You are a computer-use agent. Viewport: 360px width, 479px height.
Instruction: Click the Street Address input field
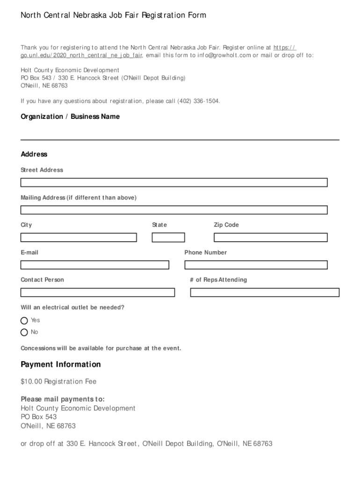(x=174, y=182)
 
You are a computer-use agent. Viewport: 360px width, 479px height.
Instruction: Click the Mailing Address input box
(x=174, y=210)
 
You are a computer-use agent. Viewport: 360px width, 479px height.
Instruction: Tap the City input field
(x=79, y=238)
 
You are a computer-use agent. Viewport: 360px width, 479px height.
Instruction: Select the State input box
(x=168, y=238)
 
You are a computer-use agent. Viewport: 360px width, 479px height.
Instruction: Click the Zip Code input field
(x=271, y=238)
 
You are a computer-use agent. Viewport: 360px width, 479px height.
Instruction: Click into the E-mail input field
(x=95, y=265)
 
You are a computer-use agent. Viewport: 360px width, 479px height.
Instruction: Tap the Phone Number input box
(x=256, y=265)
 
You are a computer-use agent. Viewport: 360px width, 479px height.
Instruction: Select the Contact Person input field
(x=98, y=293)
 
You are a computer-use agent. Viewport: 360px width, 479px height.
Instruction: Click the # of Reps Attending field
(x=265, y=293)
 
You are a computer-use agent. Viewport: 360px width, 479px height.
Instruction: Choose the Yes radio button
(x=24, y=320)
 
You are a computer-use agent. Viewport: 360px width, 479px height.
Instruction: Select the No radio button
(x=24, y=333)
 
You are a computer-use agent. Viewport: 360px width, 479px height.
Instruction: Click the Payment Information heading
(x=61, y=364)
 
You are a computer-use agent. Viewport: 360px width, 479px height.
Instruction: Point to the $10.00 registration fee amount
(x=31, y=382)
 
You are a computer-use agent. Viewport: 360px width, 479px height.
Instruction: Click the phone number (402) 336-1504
(x=198, y=101)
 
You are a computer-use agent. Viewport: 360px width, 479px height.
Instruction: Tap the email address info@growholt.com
(x=224, y=55)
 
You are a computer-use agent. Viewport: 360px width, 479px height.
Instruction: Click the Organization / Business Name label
(x=70, y=116)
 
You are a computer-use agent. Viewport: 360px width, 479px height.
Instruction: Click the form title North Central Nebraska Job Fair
(x=113, y=15)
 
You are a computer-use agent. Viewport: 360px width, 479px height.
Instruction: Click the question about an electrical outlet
(x=72, y=307)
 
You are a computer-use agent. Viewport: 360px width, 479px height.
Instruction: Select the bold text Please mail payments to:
(x=63, y=399)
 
